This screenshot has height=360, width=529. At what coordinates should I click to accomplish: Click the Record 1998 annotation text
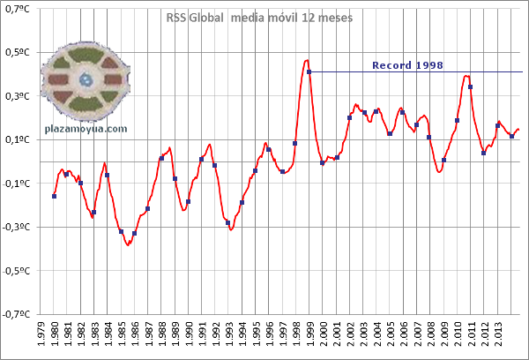[407, 64]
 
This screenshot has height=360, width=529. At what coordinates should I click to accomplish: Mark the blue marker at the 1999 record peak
[309, 71]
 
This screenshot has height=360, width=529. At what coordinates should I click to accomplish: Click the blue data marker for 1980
[55, 196]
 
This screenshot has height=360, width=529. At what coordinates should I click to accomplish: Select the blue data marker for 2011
[471, 86]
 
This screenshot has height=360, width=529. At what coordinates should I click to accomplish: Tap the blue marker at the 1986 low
[135, 234]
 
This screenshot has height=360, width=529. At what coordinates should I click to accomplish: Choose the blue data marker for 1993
[228, 222]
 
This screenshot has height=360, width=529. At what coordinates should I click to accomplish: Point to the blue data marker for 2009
[444, 160]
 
